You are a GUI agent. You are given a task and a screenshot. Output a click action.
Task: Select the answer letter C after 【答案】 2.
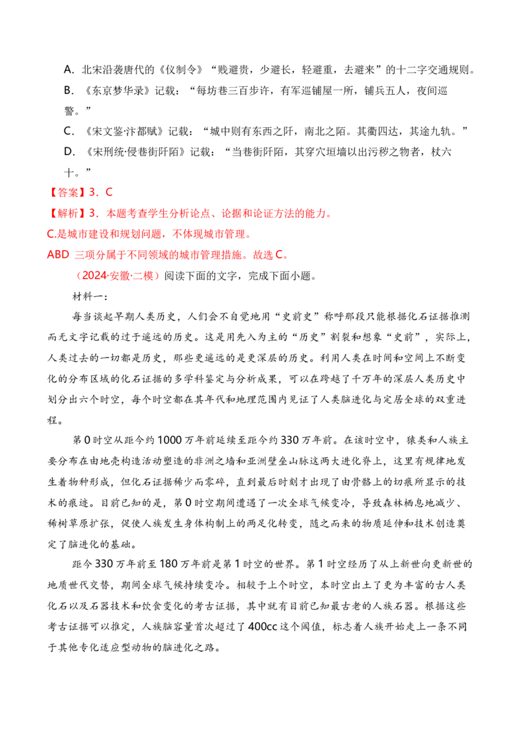pos(109,192)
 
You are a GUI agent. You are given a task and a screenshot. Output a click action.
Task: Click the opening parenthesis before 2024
pos(78,276)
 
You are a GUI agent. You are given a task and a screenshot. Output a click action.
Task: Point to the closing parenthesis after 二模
pos(157,276)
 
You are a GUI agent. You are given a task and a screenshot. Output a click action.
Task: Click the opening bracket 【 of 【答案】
pos(49,192)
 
